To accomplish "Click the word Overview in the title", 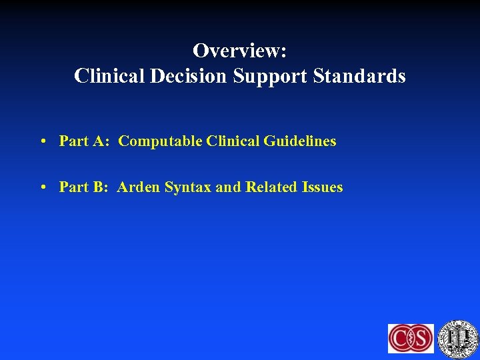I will pos(236,51).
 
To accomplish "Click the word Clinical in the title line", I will pos(109,77).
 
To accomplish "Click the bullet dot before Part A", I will pos(42,141).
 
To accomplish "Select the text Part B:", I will pos(85,187).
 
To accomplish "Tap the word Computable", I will pos(160,141).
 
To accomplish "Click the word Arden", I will pos(139,187).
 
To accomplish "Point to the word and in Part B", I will pos(228,187).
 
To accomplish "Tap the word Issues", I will pos(322,187).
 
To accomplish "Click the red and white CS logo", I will pos(411,338).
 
